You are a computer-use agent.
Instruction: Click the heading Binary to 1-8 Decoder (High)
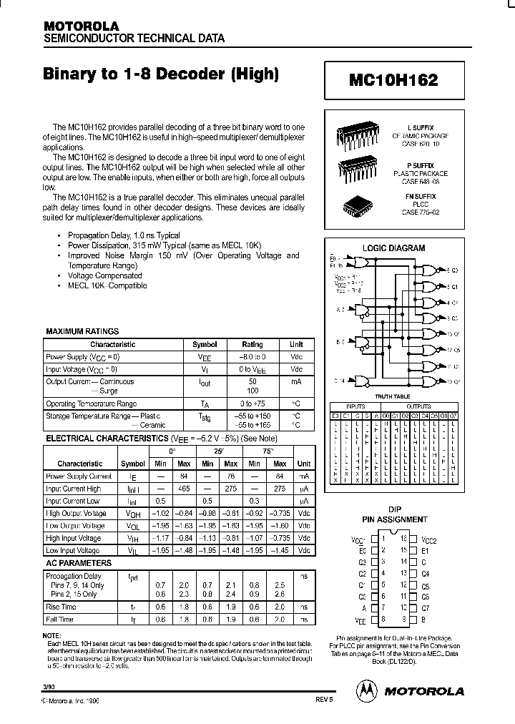click(x=161, y=74)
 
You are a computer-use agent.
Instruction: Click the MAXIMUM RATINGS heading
click(x=82, y=331)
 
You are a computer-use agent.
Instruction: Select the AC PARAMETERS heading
click(x=79, y=563)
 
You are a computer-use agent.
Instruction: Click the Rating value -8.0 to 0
click(x=252, y=356)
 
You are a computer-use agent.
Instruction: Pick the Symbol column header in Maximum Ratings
click(x=205, y=344)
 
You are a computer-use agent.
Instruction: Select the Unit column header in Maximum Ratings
click(x=296, y=344)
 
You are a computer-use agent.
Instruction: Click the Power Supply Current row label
click(x=79, y=476)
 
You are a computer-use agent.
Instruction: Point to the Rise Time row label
click(x=62, y=607)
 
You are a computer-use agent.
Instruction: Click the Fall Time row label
click(x=60, y=620)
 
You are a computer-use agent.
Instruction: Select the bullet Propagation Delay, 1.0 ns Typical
click(x=124, y=235)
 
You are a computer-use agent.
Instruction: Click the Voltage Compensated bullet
click(x=104, y=275)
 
